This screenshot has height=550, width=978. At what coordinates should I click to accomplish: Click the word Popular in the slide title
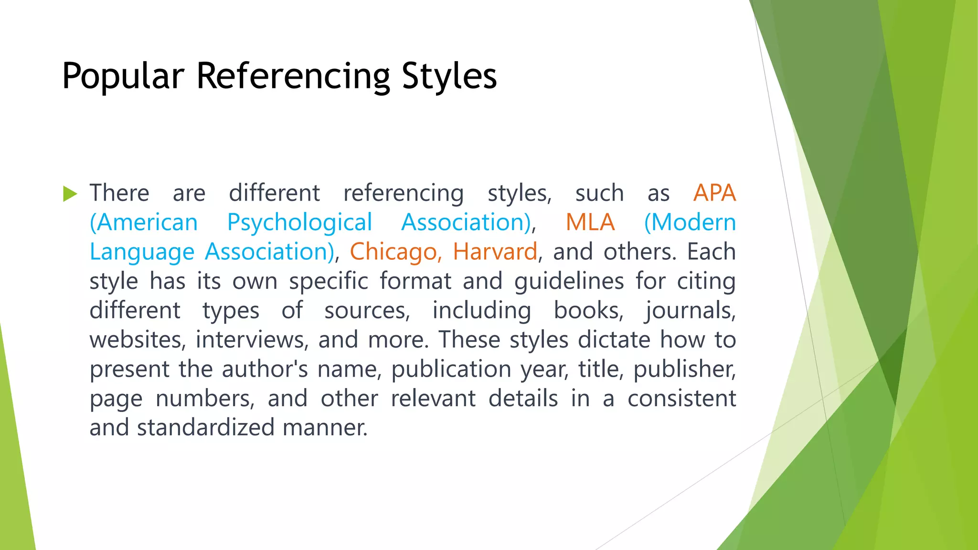(x=123, y=76)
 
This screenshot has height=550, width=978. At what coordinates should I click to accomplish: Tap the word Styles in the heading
(x=449, y=76)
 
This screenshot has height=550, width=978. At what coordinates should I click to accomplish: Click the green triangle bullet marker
(x=70, y=194)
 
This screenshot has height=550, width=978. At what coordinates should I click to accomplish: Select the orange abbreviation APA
(x=714, y=193)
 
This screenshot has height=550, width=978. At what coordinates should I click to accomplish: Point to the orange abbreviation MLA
(x=590, y=222)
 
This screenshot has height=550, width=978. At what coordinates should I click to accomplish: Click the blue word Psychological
(x=299, y=223)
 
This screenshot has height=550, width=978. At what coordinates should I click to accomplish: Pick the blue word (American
(x=144, y=223)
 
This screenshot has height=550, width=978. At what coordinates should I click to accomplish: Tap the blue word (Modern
(x=690, y=222)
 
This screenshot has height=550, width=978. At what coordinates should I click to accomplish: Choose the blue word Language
(x=142, y=253)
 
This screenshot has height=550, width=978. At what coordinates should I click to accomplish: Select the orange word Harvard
(x=495, y=252)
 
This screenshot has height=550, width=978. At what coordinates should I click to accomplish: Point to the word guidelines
(x=569, y=282)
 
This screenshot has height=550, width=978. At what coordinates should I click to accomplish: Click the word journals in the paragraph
(x=691, y=311)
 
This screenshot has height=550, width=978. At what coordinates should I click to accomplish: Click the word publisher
(x=684, y=369)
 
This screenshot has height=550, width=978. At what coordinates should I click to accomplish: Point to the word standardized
(x=205, y=428)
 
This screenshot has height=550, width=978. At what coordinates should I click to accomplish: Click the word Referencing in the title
(x=293, y=76)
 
